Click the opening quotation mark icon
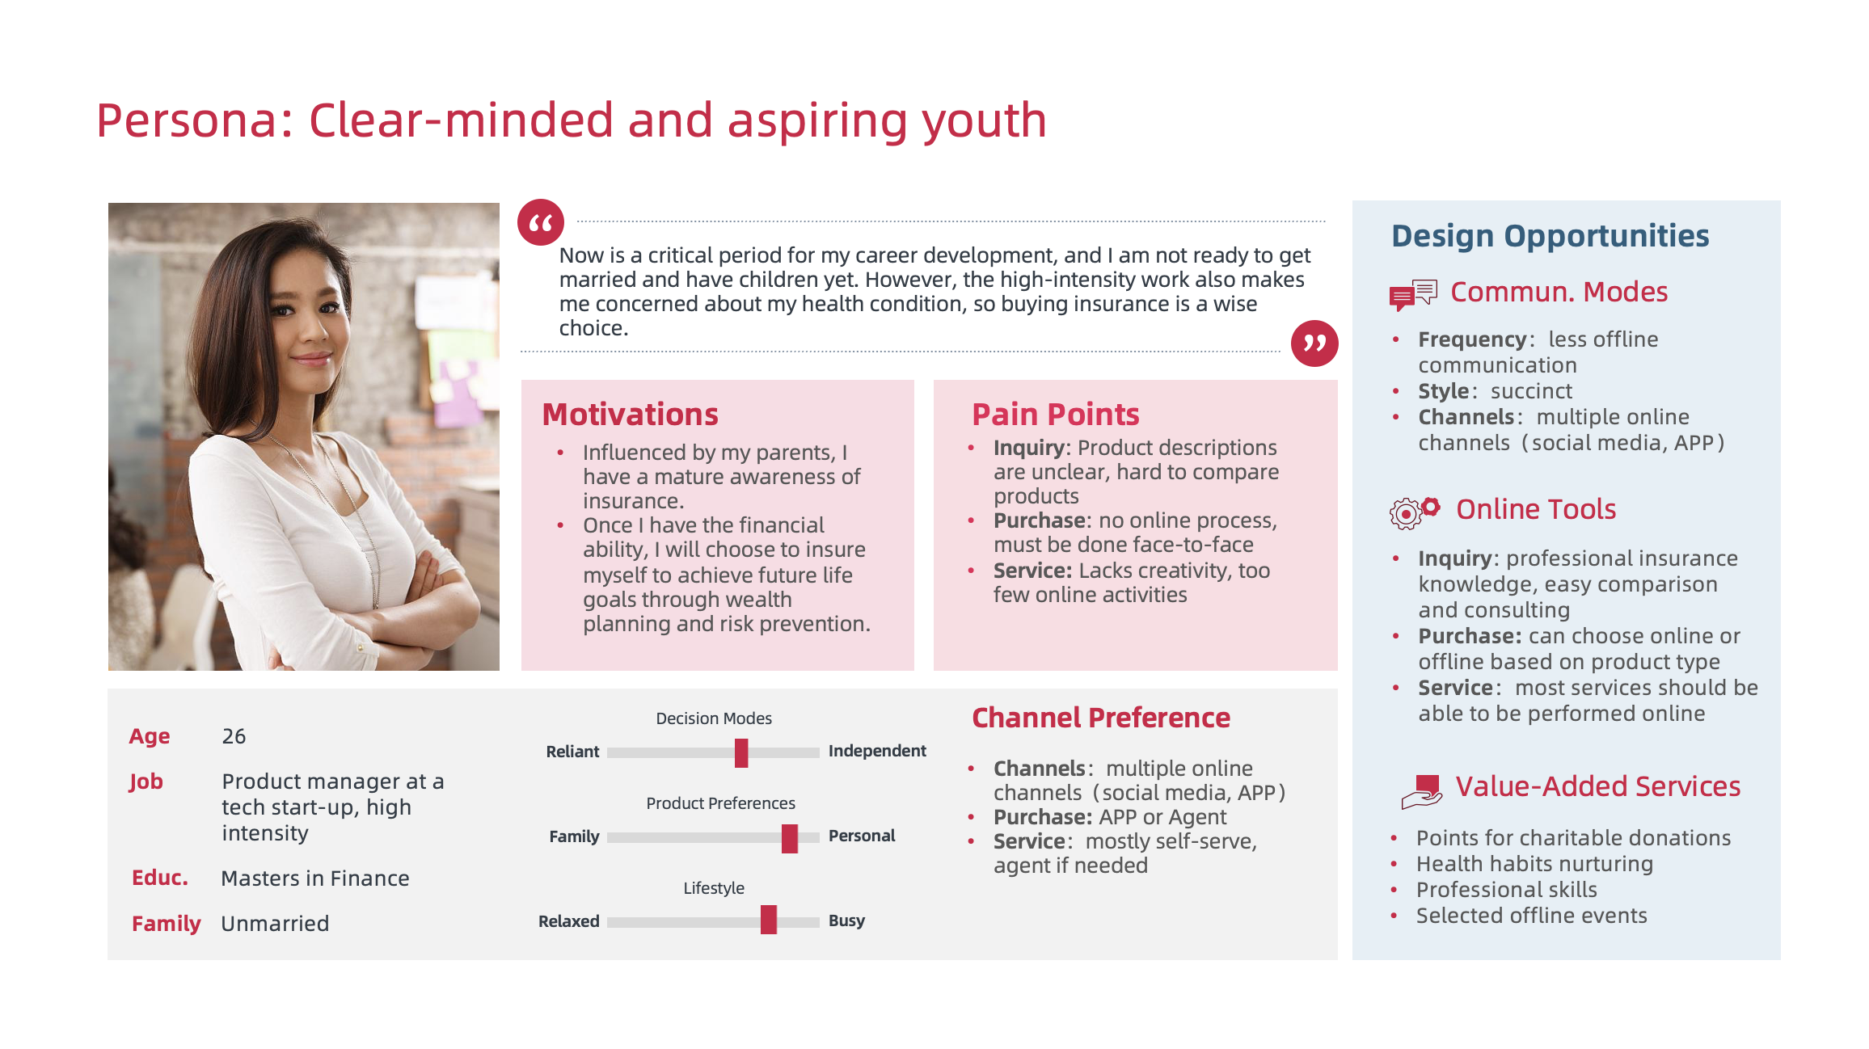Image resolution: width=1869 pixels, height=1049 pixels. tap(541, 222)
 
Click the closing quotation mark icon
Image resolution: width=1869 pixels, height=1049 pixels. tap(1314, 343)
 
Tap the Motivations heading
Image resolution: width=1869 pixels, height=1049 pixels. tap(630, 415)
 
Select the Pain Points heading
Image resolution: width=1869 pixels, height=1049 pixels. tap(1055, 415)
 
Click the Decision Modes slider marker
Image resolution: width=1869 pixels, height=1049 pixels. tap(741, 752)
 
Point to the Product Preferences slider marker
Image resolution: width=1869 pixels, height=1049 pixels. tap(790, 838)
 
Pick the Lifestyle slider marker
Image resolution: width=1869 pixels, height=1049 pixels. tap(769, 920)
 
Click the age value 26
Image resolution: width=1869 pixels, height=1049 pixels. tap(234, 736)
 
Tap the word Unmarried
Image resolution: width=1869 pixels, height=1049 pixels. tap(275, 924)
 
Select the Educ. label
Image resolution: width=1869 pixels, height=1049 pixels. tap(160, 878)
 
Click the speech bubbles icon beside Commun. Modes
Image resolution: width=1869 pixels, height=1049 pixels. tap(1413, 295)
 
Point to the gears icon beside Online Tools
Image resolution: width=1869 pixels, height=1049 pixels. tap(1414, 512)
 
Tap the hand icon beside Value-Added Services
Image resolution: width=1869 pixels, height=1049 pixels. tap(1422, 791)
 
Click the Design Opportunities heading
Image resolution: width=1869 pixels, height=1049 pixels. tap(1550, 236)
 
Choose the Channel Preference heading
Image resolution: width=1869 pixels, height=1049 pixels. tap(1100, 718)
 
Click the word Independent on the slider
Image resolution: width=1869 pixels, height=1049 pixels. tap(877, 751)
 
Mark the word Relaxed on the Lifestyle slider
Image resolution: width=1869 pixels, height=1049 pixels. tap(568, 921)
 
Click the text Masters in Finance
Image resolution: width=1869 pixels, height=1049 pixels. tap(315, 878)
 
